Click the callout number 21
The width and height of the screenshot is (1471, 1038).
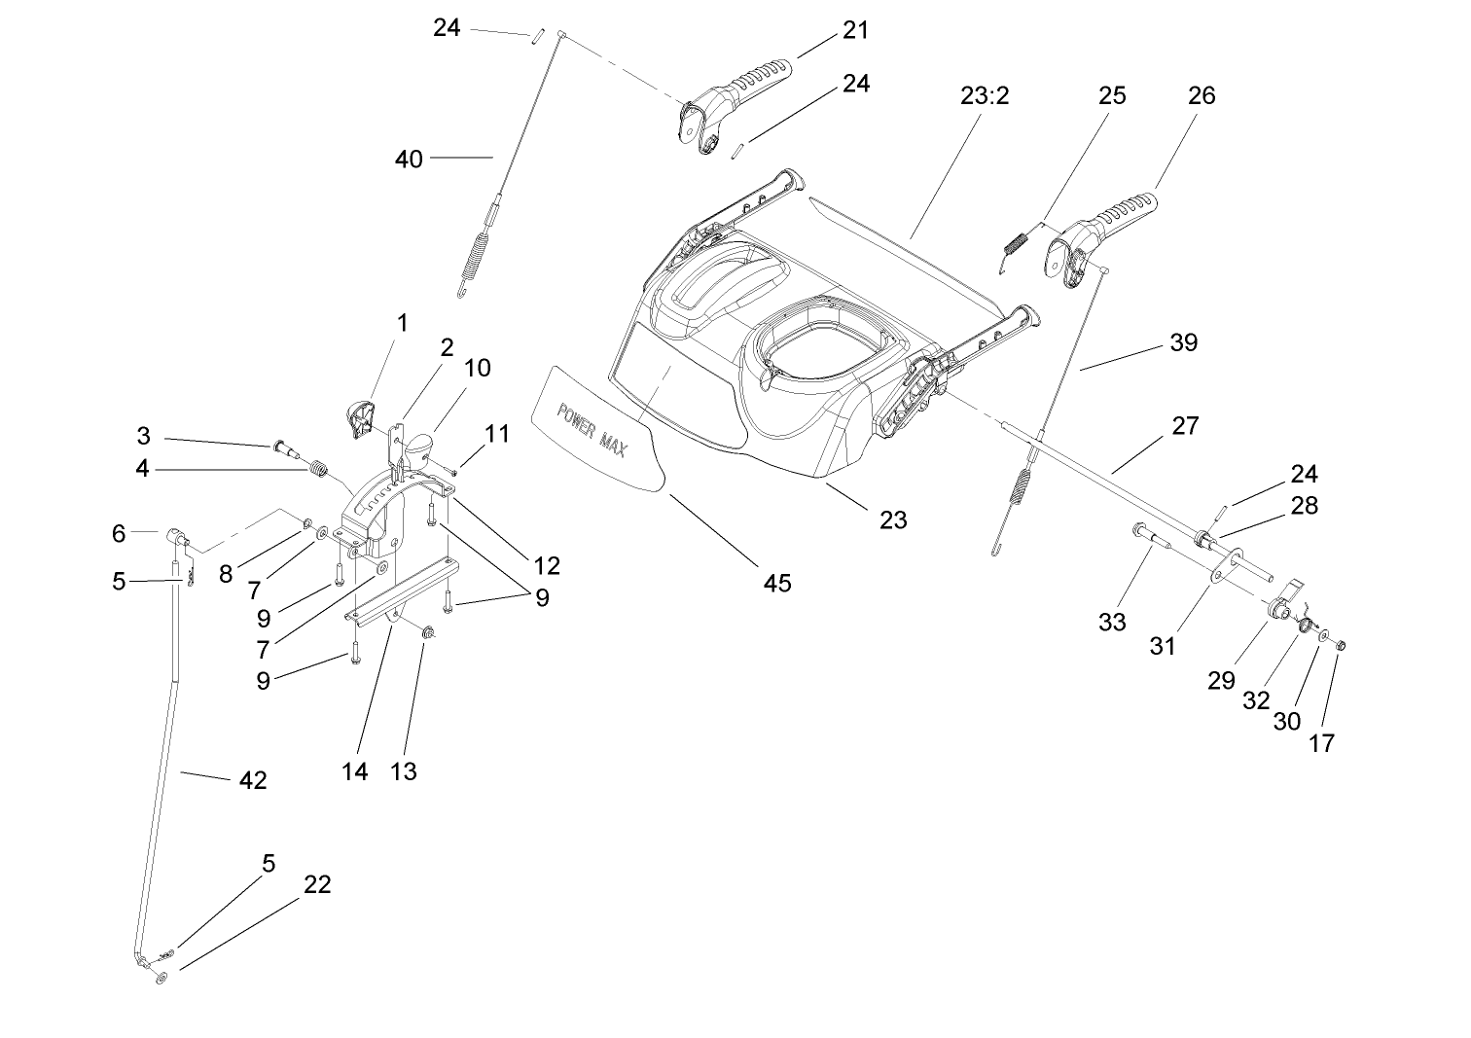(855, 30)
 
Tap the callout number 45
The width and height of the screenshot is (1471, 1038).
(777, 583)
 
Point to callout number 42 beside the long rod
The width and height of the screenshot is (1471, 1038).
(252, 780)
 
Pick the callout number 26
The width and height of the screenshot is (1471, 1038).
(1202, 95)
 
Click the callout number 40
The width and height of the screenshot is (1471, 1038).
(410, 158)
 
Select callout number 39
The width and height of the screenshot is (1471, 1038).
(1183, 342)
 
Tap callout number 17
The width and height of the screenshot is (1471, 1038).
(1322, 743)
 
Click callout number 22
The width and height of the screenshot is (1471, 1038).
(317, 884)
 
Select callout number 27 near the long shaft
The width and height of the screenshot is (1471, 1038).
(1185, 425)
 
